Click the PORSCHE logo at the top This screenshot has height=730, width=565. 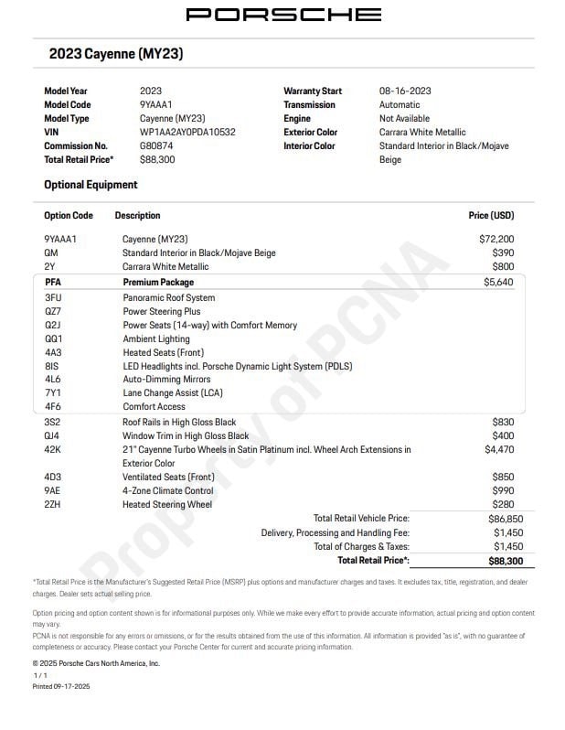pos(283,15)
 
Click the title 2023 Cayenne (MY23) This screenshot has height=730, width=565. pos(116,55)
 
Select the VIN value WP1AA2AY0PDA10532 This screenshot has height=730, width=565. pos(187,133)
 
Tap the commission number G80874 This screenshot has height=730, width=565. pos(156,146)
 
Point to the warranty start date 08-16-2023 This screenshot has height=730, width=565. pos(405,91)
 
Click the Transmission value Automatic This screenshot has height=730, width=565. pos(400,105)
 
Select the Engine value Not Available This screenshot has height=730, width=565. pos(404,119)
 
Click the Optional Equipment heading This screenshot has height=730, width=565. pos(91,185)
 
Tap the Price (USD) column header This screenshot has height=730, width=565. pos(491,216)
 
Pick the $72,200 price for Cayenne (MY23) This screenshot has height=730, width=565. pos(496,240)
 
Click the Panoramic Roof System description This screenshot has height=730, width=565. pos(169,298)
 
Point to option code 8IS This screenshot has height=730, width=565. pos(51,366)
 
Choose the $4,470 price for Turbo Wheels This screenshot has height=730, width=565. pos(499,450)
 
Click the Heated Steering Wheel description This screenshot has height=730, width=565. pos(167,505)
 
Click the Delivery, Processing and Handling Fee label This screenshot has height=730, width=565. pos(335,532)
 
